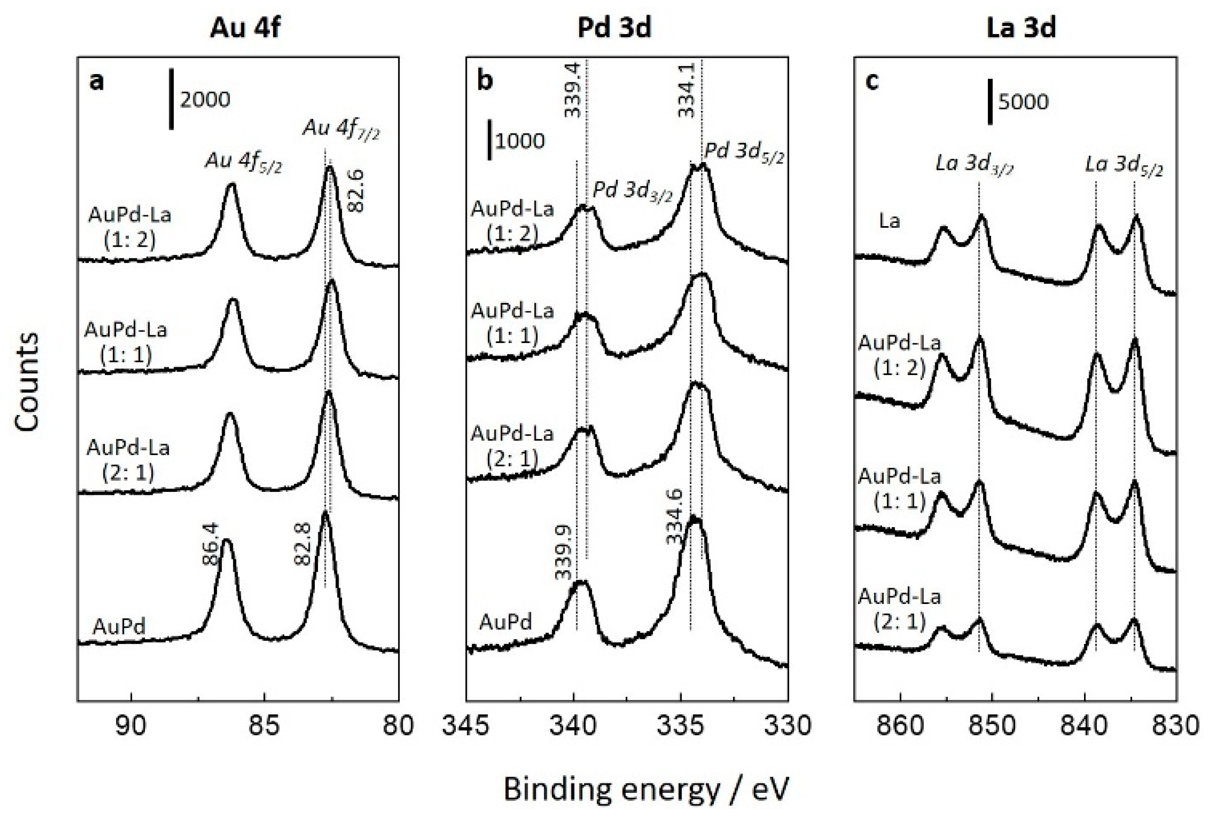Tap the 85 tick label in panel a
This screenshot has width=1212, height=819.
(x=264, y=727)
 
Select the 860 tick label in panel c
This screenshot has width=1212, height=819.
(x=901, y=727)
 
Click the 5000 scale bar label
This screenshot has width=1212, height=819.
(x=1023, y=102)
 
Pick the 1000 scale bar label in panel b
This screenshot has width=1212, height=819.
(x=519, y=141)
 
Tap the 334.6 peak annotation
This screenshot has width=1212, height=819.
(x=674, y=517)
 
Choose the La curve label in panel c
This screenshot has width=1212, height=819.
(x=889, y=221)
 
